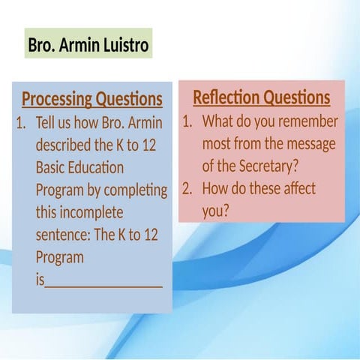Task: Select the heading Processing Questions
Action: [91, 100]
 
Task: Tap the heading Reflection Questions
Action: [261, 98]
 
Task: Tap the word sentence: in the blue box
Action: [62, 235]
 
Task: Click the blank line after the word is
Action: [104, 282]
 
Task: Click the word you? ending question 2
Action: [215, 211]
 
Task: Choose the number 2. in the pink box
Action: [189, 189]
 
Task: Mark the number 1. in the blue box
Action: [22, 123]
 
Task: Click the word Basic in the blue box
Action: [52, 168]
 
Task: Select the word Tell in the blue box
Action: [47, 123]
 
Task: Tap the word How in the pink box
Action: [217, 189]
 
